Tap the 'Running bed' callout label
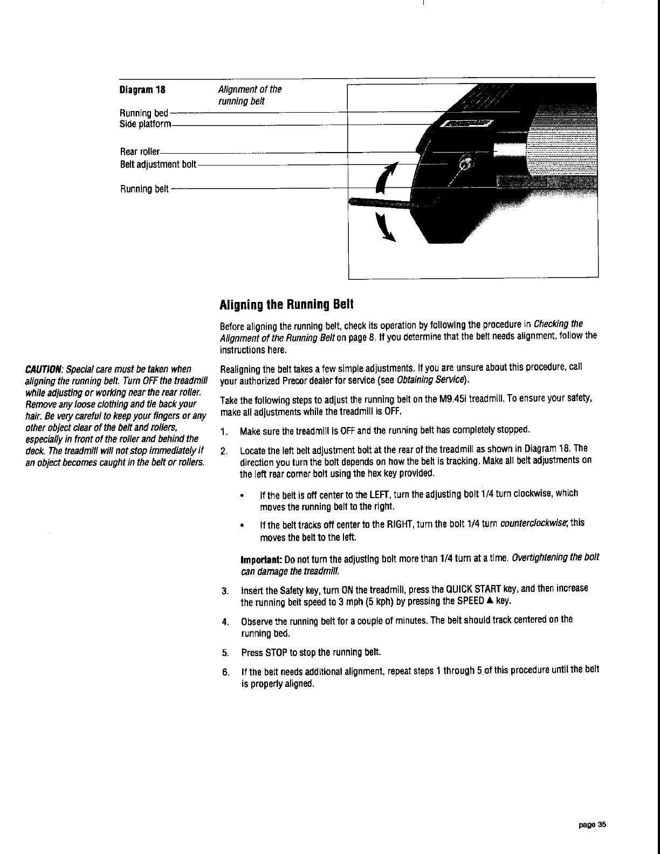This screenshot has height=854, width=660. pyautogui.click(x=143, y=113)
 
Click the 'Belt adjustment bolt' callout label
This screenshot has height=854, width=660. pyautogui.click(x=157, y=163)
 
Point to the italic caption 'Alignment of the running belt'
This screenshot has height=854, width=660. pyautogui.click(x=249, y=95)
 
